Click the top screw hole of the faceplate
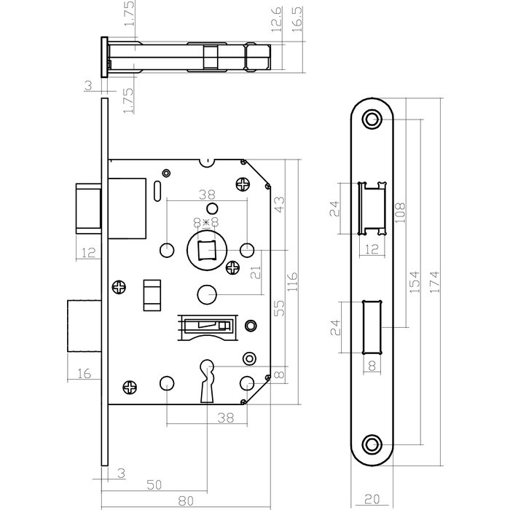click(x=373, y=118)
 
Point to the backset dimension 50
click(x=154, y=484)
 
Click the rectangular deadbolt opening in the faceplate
click(x=372, y=326)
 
